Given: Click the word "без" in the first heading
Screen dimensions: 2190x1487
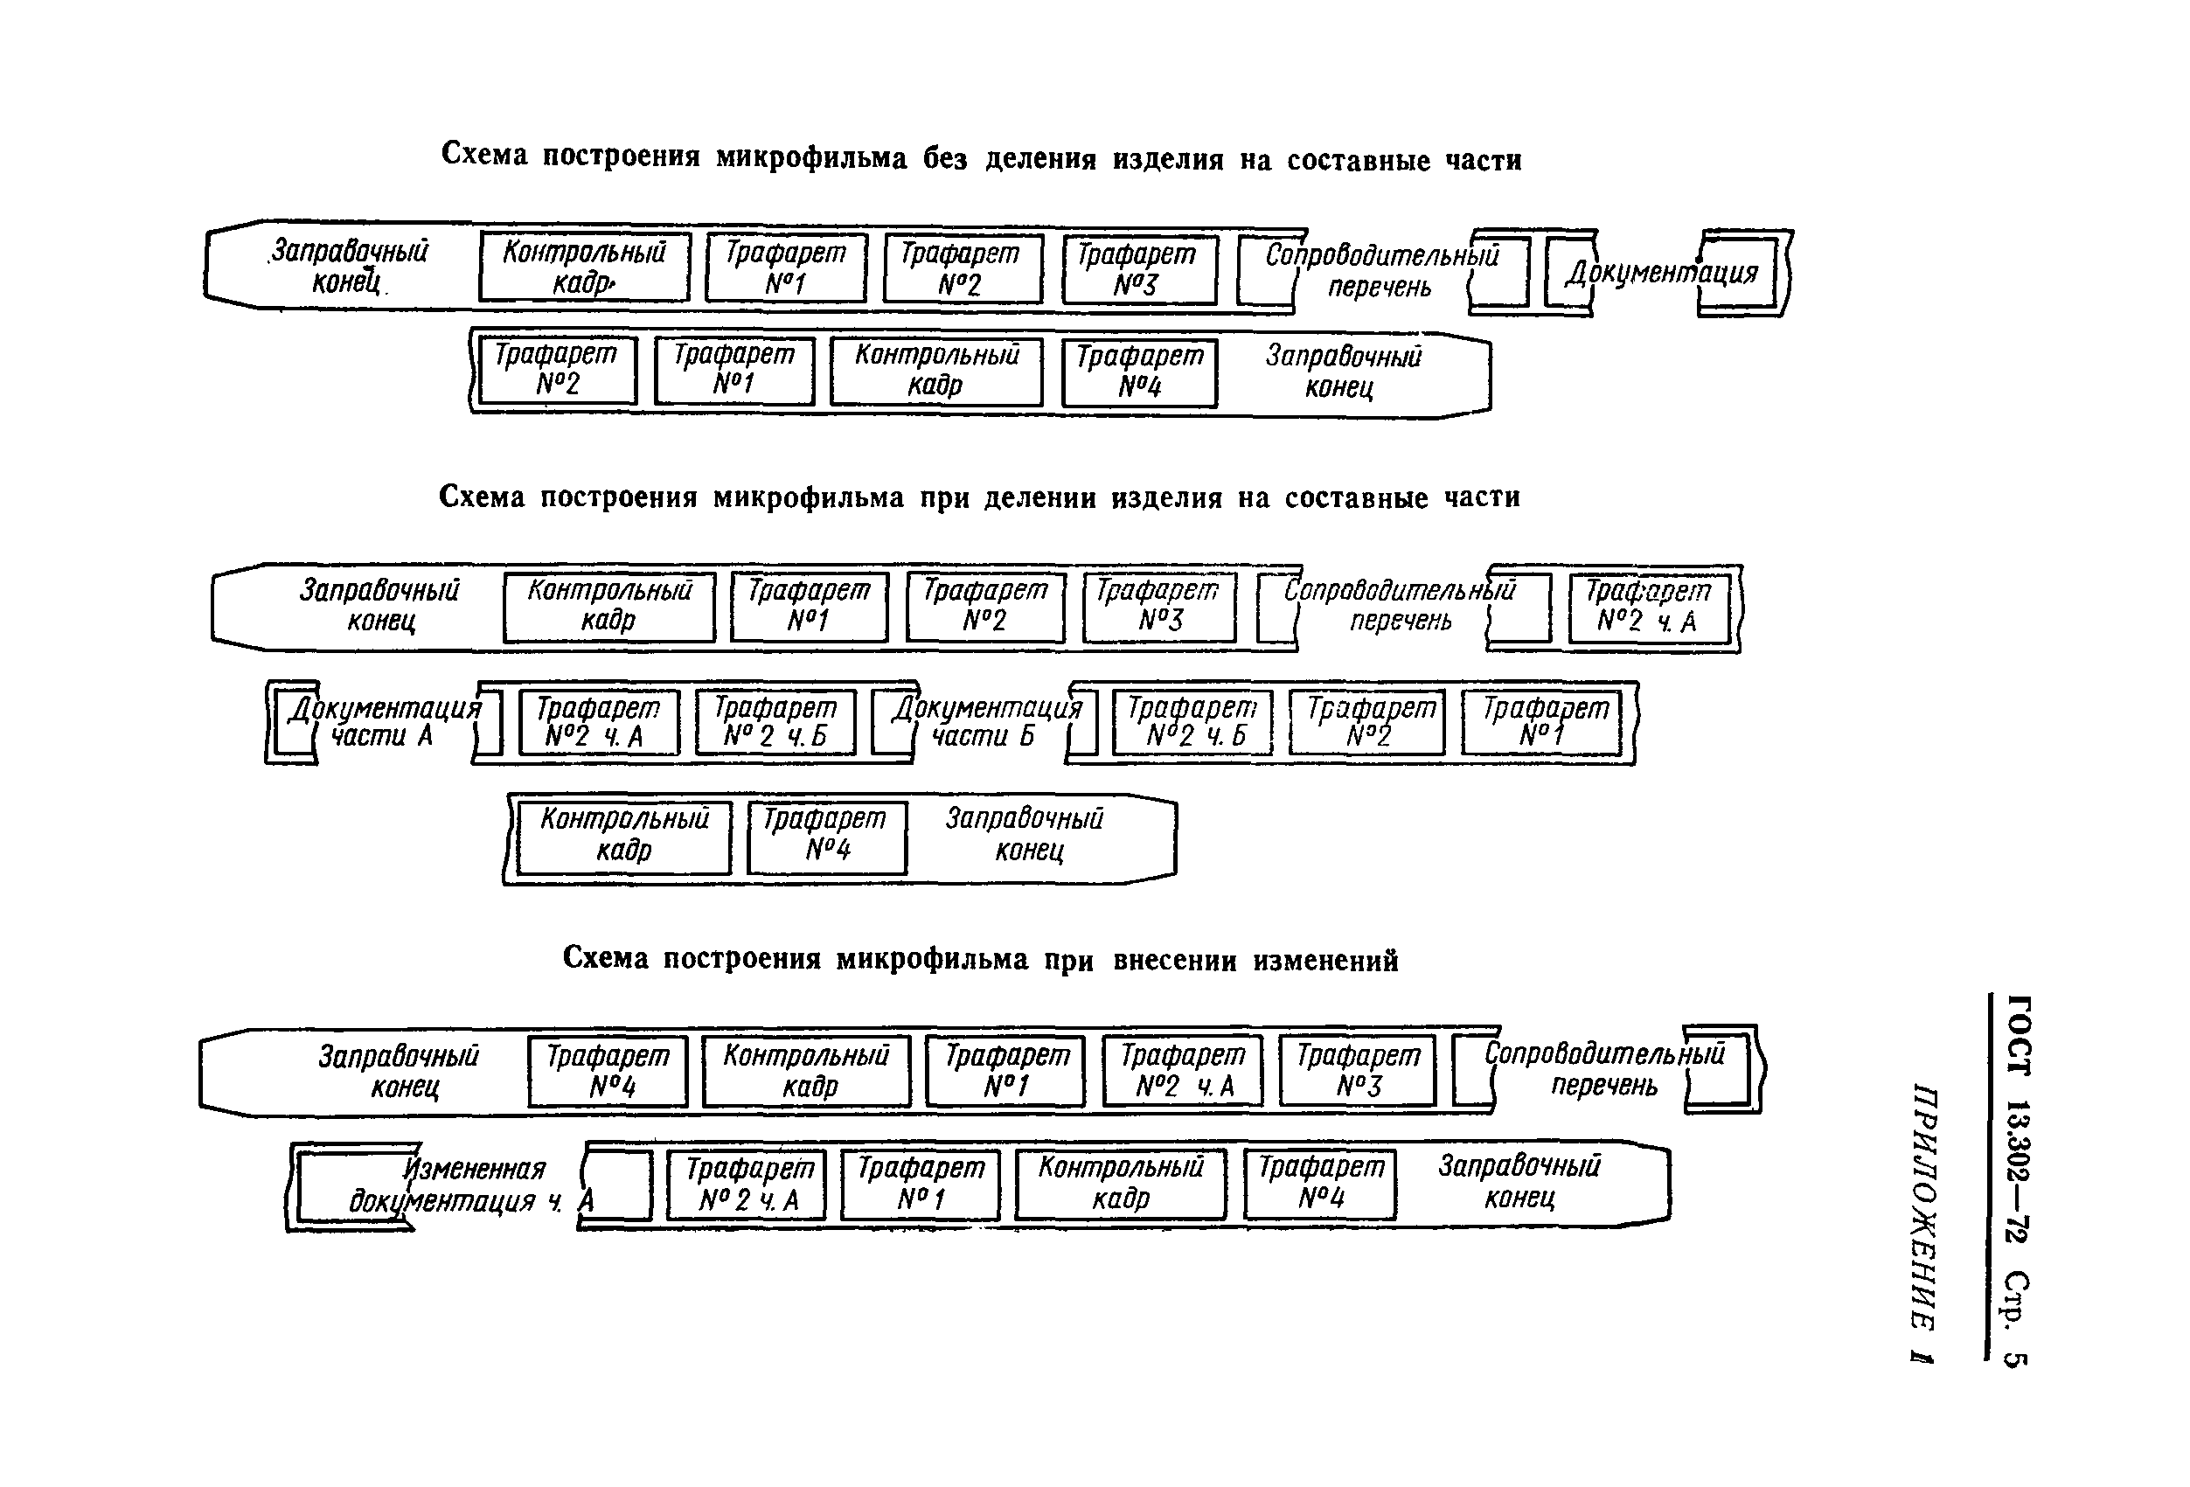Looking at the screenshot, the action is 945,158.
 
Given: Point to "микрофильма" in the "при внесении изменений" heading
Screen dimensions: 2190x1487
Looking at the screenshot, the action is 932,959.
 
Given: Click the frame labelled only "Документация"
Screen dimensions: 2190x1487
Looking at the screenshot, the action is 1662,273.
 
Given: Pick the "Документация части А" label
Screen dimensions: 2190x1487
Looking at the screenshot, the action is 385,722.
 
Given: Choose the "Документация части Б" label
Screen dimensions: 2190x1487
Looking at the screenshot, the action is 987,722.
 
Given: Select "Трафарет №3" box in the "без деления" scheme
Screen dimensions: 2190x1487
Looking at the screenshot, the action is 1139,269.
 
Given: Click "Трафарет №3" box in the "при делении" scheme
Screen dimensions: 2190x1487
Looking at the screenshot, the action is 1159,607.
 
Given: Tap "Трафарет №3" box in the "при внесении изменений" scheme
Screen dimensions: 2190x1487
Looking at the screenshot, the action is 1358,1071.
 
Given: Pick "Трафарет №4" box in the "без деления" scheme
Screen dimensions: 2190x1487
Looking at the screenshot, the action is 1139,372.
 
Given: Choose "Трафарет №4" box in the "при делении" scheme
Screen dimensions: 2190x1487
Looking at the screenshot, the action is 826,836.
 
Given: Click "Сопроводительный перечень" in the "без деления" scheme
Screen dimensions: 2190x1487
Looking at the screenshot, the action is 1381,270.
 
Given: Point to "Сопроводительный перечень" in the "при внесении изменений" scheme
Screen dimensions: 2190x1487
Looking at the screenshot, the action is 1604,1069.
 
